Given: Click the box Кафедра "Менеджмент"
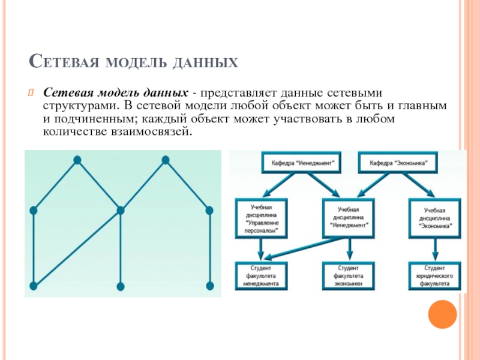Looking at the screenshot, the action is tap(301, 163).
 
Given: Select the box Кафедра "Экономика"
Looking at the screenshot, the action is tap(398, 163).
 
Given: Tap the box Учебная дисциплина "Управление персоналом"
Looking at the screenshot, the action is tap(261, 218).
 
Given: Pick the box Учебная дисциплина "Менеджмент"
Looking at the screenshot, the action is tap(349, 218).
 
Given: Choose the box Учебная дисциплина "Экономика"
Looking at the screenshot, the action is tap(434, 218).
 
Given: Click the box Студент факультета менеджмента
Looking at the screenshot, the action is tap(261, 275).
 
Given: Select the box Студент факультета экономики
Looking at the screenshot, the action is tap(349, 275).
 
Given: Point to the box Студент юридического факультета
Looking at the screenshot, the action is tap(434, 275).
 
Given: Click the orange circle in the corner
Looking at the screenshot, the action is tap(442, 314).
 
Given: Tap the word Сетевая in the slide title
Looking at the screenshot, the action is tap(64, 61).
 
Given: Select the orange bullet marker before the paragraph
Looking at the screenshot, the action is tap(31, 92).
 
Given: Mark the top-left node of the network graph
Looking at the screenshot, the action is tap(77, 160).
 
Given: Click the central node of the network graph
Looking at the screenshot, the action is tap(121, 211).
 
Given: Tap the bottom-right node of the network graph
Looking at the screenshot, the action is tap(209, 286).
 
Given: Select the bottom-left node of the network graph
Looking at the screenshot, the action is tap(34, 286).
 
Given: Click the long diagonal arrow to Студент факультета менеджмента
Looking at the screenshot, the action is tap(302, 248).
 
